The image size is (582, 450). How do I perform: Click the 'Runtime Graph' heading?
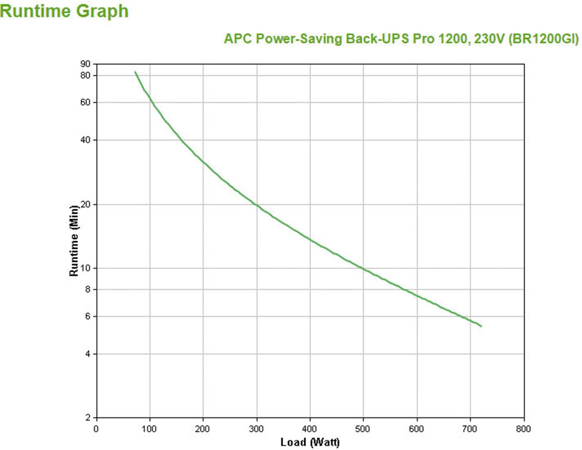64,11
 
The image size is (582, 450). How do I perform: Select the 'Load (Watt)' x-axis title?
310,442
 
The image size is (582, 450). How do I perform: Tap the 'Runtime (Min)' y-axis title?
74,240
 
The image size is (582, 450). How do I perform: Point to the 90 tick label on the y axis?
85,64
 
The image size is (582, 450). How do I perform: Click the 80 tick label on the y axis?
85,75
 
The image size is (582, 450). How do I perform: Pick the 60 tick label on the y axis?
85,102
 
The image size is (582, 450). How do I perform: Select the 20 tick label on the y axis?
85,204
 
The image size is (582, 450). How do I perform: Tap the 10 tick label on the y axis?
85,268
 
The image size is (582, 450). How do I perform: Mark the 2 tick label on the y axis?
87,418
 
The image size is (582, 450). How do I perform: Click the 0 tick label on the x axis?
96,429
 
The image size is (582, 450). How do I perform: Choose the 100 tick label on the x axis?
149,429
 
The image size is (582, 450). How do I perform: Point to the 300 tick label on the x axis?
256,429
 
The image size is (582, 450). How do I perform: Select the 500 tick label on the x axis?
363,429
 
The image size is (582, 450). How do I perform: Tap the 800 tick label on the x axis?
523,429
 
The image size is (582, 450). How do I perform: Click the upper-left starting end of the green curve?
135,72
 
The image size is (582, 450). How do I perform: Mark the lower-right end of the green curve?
481,326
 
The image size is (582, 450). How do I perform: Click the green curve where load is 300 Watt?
256,205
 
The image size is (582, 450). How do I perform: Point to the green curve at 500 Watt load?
363,269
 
